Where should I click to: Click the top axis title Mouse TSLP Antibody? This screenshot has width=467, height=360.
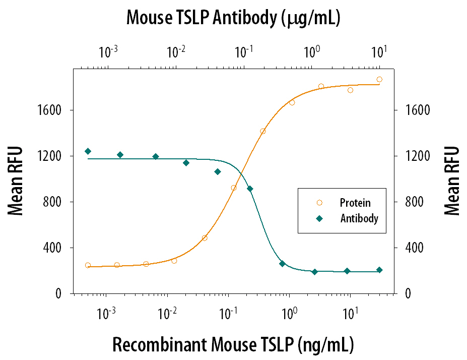pyautogui.click(x=233, y=18)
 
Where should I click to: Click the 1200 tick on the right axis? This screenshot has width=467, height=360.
pyautogui.click(x=415, y=156)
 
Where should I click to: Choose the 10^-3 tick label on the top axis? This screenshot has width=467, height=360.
pyautogui.click(x=108, y=51)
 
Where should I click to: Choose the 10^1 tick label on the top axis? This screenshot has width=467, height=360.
pyautogui.click(x=379, y=51)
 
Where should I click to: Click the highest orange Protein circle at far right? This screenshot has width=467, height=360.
pyautogui.click(x=379, y=79)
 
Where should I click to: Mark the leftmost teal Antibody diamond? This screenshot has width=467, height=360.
pyautogui.click(x=88, y=151)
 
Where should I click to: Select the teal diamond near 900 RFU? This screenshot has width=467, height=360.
pyautogui.click(x=250, y=189)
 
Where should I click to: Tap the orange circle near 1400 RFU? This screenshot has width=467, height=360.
pyautogui.click(x=262, y=131)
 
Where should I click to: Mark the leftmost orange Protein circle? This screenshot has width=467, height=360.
pyautogui.click(x=88, y=265)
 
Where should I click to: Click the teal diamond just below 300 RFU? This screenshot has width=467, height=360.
pyautogui.click(x=282, y=264)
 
